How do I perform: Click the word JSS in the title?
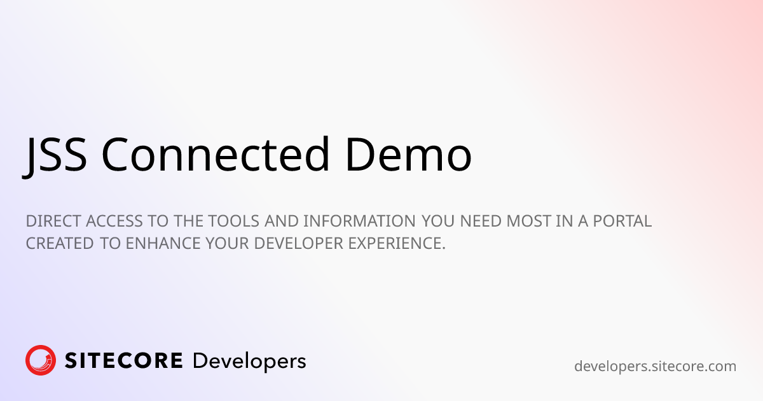[55, 155]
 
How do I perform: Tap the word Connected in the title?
[216, 155]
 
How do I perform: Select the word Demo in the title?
[409, 155]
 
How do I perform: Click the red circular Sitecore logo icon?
[41, 361]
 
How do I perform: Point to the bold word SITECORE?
[124, 361]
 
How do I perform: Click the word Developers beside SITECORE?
[249, 362]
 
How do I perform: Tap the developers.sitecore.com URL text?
[655, 366]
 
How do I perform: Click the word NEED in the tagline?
[481, 222]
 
